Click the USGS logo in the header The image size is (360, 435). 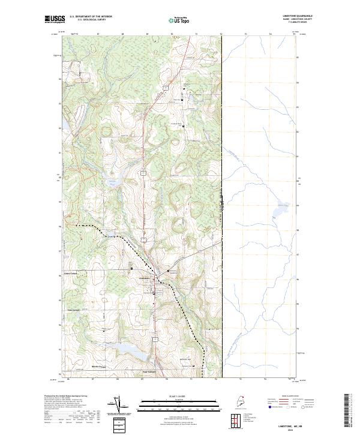(54, 19)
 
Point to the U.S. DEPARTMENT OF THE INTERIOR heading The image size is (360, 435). (91, 16)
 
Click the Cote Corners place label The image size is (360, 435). (73, 310)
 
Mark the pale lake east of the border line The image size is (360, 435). (280, 211)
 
